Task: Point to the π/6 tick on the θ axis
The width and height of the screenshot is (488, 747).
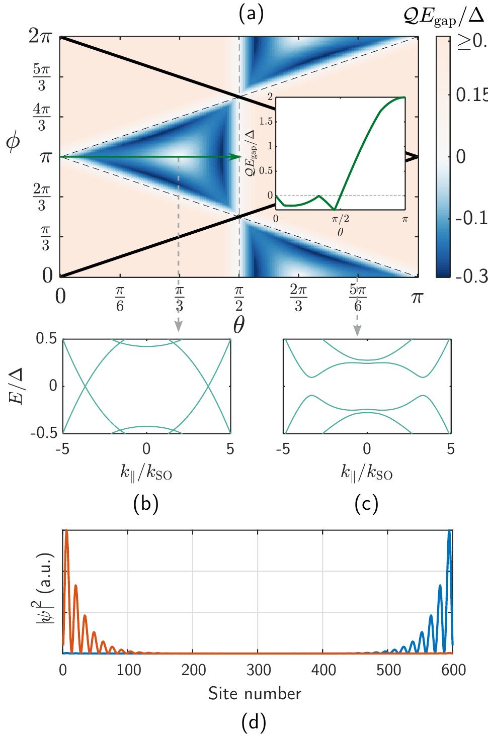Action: (x=120, y=300)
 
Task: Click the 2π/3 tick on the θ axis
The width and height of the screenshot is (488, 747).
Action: (x=298, y=300)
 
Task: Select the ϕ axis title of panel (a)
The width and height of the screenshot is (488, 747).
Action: (x=14, y=142)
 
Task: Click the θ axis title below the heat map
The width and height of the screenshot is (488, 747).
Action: (x=238, y=325)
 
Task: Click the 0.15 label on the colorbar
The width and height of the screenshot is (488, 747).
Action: (x=470, y=95)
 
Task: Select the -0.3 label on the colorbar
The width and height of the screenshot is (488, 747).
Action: (x=470, y=276)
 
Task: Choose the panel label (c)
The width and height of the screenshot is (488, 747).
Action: (x=366, y=504)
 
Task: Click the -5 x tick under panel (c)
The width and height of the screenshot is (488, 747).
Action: (x=283, y=449)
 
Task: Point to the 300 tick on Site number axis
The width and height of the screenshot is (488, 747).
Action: (x=258, y=670)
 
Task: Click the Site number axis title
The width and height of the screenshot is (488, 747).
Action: (x=255, y=694)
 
